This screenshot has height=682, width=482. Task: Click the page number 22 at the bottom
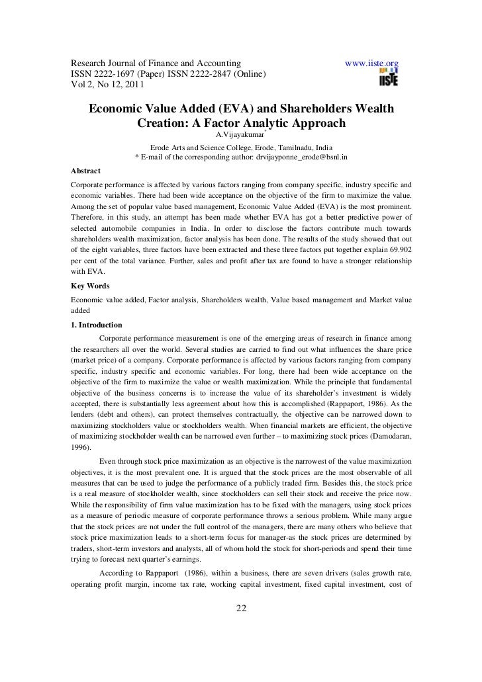(x=241, y=609)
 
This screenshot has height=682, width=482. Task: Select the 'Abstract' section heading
(x=86, y=169)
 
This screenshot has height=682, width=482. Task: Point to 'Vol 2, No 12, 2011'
(x=111, y=85)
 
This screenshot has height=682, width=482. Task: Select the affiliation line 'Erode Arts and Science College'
(x=241, y=147)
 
